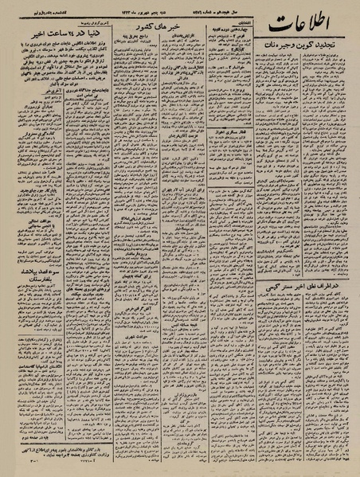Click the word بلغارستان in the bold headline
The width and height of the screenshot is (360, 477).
pos(41,303)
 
